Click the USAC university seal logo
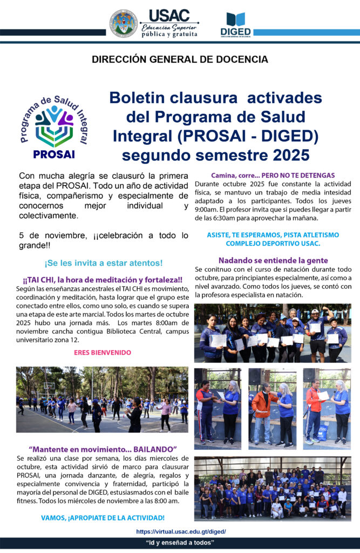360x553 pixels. point(124,23)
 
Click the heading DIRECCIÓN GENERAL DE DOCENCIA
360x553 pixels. point(180,59)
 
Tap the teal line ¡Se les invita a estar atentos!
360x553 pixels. point(103,263)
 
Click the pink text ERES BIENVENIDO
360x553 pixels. point(103,352)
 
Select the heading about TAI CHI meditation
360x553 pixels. point(103,280)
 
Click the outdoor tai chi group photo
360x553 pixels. point(102,400)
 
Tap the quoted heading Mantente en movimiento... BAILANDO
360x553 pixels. point(103,449)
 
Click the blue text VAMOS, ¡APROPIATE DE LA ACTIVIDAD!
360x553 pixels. point(103,518)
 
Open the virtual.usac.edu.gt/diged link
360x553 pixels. point(181,531)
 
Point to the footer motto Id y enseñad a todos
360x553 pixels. point(180,542)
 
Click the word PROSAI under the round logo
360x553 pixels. point(54,154)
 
